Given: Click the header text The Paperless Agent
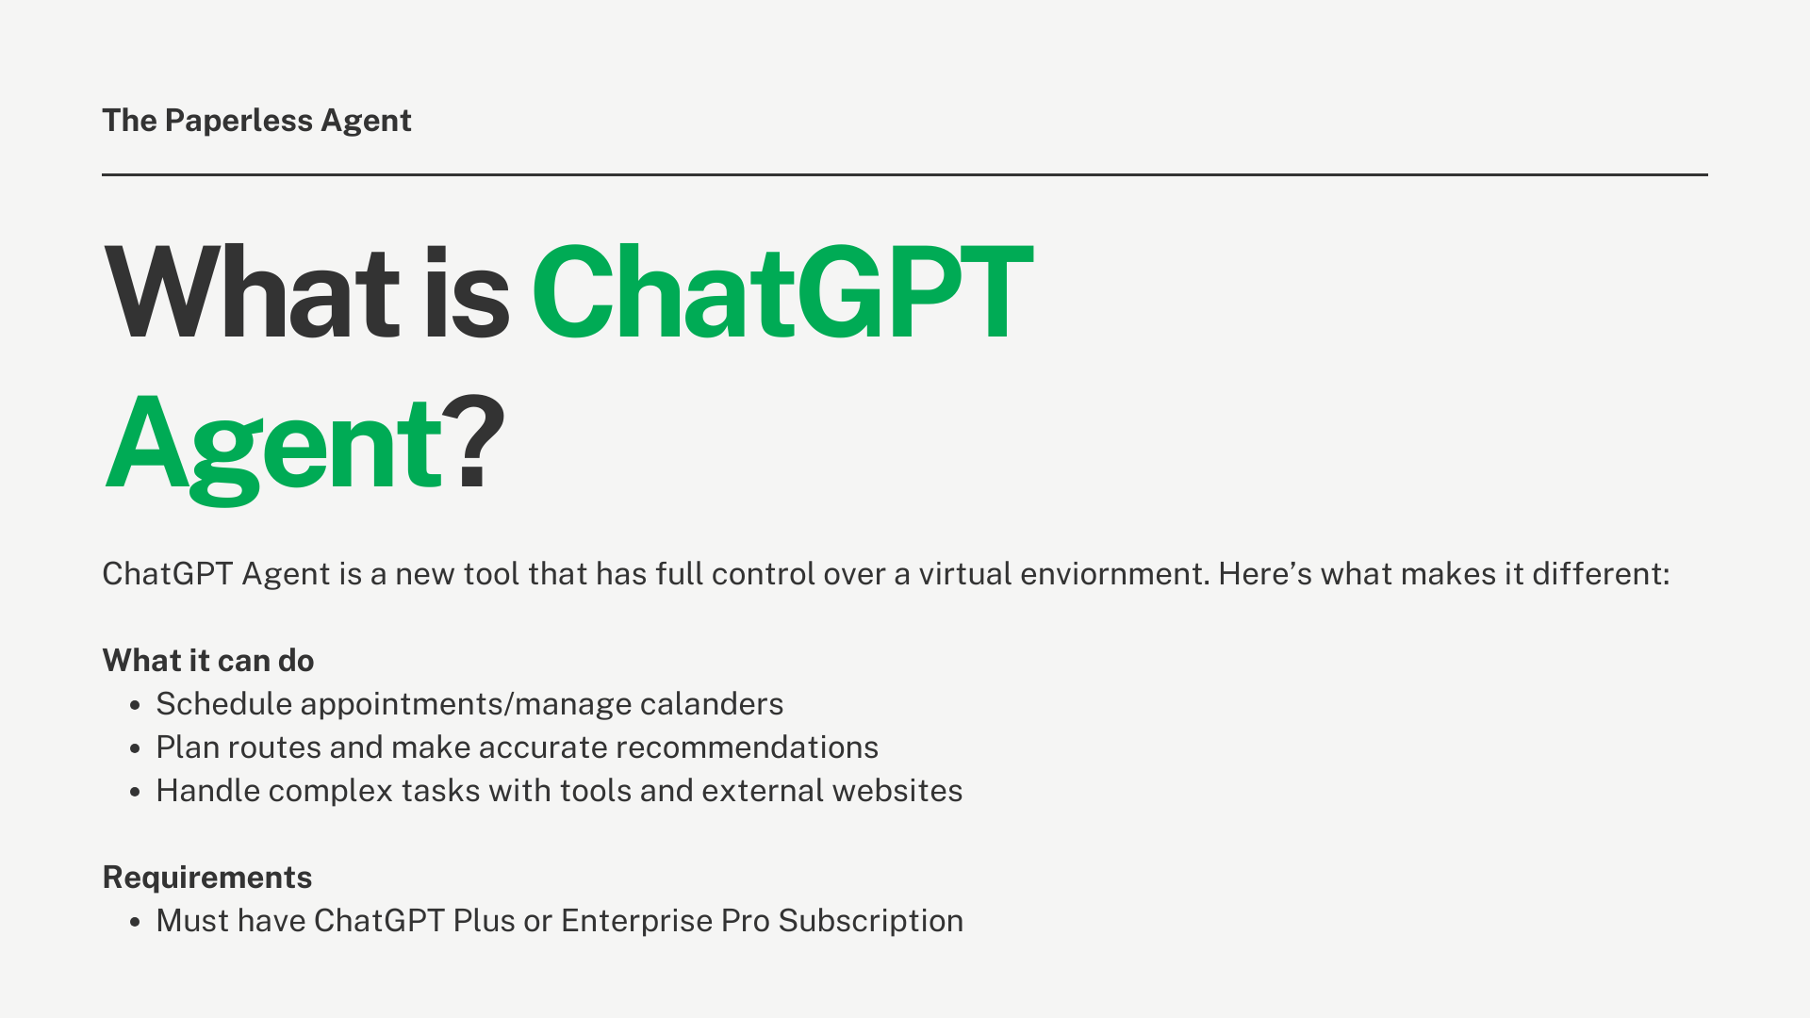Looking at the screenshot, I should (x=256, y=121).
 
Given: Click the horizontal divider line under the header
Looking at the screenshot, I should (x=905, y=174).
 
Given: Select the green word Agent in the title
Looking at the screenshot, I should (x=273, y=445).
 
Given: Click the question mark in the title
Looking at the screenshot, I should (x=473, y=443).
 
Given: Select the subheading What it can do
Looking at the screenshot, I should (x=208, y=661).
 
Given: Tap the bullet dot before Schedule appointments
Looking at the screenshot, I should (x=136, y=705).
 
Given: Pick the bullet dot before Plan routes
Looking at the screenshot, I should (x=136, y=748).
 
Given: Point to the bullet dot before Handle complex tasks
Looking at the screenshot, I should (x=136, y=792).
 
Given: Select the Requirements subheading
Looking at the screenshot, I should (x=207, y=878).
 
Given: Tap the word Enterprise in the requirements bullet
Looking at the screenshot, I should (x=636, y=921).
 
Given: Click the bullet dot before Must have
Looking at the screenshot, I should (x=136, y=922).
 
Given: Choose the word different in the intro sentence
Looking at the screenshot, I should (x=1600, y=574).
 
